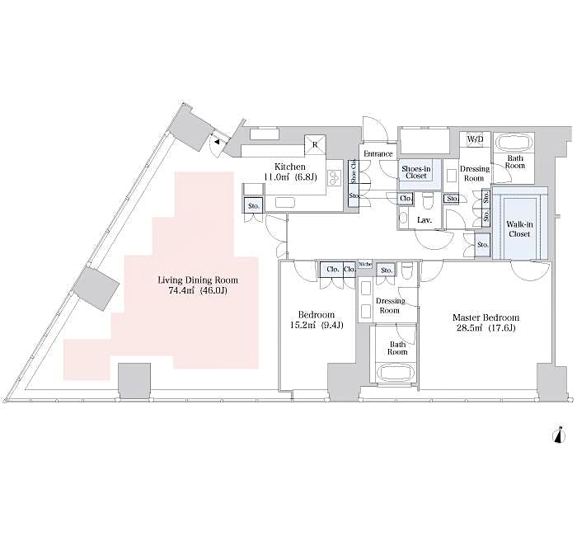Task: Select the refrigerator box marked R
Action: click(x=315, y=143)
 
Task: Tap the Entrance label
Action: click(x=378, y=154)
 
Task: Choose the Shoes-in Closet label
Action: click(x=414, y=171)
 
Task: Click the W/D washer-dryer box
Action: click(x=476, y=140)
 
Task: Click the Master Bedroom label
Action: click(x=485, y=317)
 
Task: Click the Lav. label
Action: click(x=425, y=220)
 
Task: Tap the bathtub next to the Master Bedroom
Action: click(x=396, y=371)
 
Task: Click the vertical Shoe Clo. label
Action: click(x=354, y=174)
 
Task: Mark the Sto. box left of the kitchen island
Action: click(x=253, y=205)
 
